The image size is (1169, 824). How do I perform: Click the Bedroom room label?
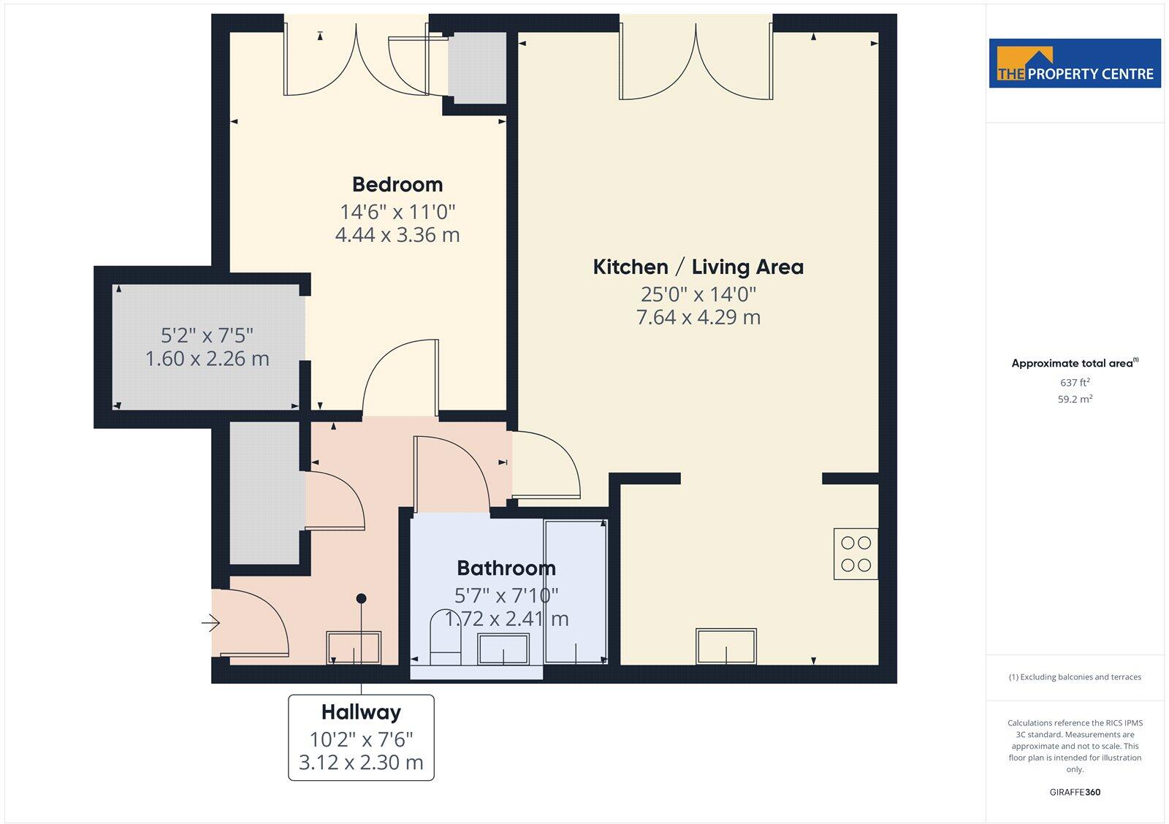tap(397, 184)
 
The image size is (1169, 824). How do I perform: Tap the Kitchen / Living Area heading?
tap(698, 267)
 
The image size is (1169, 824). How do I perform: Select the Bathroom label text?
tap(506, 568)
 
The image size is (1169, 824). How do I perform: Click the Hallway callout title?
tap(361, 712)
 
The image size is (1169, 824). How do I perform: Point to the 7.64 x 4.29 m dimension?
tap(698, 317)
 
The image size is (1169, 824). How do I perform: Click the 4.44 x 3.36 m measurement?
tap(397, 234)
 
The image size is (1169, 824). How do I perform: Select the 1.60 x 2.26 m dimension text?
tap(207, 359)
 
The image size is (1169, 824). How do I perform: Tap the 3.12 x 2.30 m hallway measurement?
tap(361, 763)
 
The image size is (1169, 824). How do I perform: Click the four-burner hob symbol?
tap(856, 554)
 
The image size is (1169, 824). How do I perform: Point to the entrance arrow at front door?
tap(211, 622)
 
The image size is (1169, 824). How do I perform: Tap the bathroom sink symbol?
tap(503, 649)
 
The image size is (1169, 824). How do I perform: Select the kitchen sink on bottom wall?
tap(726, 646)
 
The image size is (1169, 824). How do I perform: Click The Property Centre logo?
tap(1074, 64)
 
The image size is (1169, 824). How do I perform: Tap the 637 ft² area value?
tap(1075, 382)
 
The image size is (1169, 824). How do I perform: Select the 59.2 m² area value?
tap(1075, 399)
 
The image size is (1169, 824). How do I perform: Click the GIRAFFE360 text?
tap(1075, 792)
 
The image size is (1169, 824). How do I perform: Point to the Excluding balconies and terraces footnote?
tap(1075, 677)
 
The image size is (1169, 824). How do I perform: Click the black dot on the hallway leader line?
tap(361, 598)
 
